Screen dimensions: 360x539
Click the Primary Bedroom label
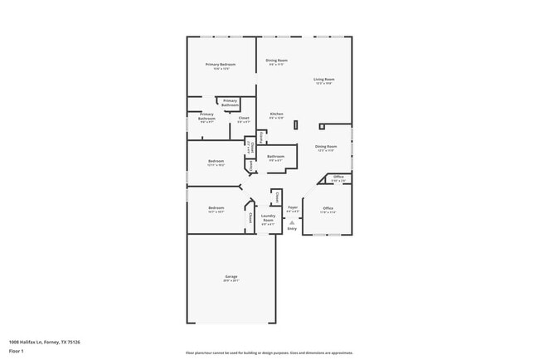pyautogui.click(x=221, y=65)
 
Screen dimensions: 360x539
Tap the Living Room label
pyautogui.click(x=323, y=80)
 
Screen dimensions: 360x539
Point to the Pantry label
pyautogui.click(x=262, y=137)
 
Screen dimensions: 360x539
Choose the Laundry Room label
pyautogui.click(x=268, y=216)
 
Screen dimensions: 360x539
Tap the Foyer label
pyautogui.click(x=292, y=207)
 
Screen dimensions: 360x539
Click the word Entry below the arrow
pyautogui.click(x=292, y=228)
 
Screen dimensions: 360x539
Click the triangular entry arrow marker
pyautogui.click(x=292, y=221)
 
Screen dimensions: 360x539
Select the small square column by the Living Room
pyautogui.click(x=321, y=127)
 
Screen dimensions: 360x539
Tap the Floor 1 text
pyautogui.click(x=16, y=351)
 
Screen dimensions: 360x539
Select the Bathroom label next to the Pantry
pyautogui.click(x=276, y=156)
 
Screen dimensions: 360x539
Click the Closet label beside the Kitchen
pyautogui.click(x=244, y=118)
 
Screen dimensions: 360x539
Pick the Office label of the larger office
pyautogui.click(x=328, y=208)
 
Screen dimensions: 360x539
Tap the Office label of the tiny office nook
pyautogui.click(x=338, y=177)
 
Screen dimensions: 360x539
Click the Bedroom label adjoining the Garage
pyautogui.click(x=216, y=207)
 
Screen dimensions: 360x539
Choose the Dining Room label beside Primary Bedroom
pyautogui.click(x=276, y=61)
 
